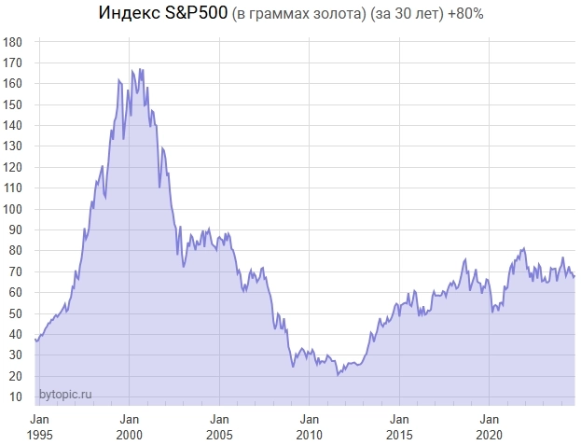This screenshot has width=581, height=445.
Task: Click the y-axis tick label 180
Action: point(13,42)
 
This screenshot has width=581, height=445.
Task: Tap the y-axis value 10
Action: point(16,397)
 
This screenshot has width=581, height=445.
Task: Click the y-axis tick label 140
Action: point(13,125)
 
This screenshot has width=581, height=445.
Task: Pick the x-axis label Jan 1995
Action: point(39,427)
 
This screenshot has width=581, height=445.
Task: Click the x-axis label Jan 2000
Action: point(130,427)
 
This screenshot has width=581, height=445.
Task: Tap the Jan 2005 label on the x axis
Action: point(220,427)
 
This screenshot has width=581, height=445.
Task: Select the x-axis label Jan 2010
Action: point(310,427)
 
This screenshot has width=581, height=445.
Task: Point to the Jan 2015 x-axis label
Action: point(400,427)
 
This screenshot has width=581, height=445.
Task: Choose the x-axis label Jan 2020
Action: point(491,427)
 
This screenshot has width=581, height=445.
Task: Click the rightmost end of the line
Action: point(574,275)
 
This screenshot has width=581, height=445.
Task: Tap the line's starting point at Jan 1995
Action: point(35,339)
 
